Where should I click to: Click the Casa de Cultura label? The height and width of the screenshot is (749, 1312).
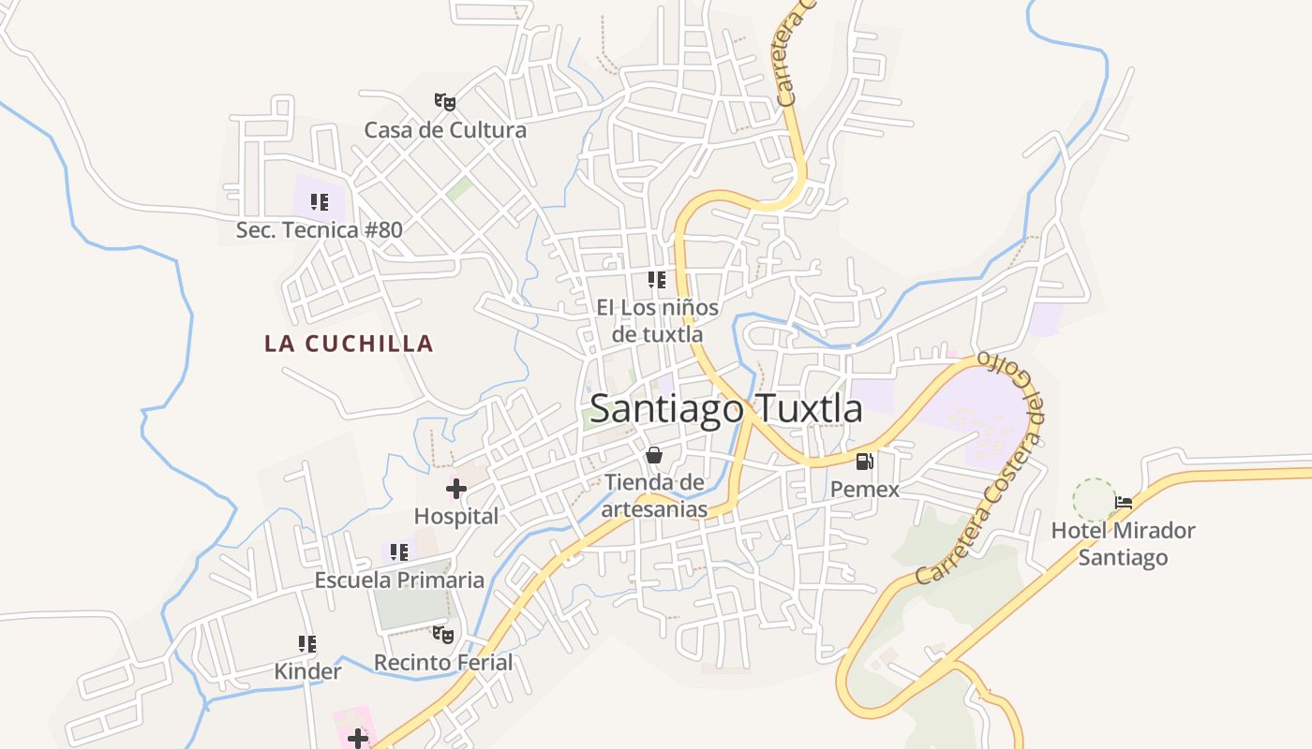click(445, 130)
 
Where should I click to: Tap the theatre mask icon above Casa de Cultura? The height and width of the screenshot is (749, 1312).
click(445, 101)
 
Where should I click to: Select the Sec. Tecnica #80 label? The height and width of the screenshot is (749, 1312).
click(319, 230)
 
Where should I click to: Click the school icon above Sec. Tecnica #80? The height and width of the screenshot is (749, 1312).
click(320, 202)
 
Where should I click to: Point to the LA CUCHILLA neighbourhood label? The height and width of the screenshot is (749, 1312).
click(349, 344)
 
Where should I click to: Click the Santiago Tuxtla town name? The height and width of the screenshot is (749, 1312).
click(726, 409)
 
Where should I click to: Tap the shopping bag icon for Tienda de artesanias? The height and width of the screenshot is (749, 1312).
click(654, 456)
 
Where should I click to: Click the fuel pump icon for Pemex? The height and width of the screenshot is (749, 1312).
click(864, 462)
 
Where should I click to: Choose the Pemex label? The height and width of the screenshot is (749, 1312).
click(864, 490)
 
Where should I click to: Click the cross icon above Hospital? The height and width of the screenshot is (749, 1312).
click(456, 489)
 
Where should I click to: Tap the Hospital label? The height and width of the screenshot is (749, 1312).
click(456, 517)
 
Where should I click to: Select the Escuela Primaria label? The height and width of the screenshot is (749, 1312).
click(399, 580)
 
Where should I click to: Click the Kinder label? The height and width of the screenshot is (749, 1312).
click(307, 672)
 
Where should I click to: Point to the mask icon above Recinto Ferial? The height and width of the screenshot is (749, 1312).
click(443, 635)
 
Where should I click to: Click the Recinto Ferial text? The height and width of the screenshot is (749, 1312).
click(443, 663)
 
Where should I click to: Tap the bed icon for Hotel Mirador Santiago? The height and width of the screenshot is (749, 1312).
click(1123, 503)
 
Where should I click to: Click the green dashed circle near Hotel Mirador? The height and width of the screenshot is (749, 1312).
click(1094, 500)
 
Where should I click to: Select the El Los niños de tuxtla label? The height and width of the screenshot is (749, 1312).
click(657, 320)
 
